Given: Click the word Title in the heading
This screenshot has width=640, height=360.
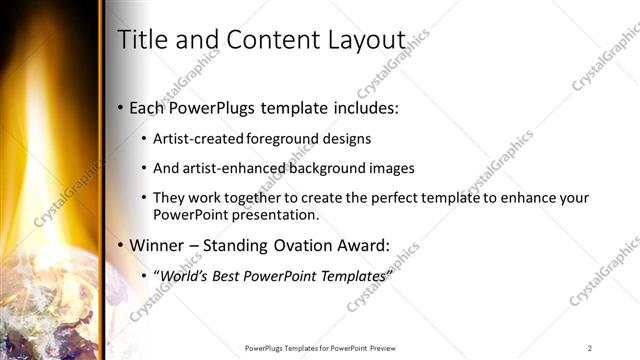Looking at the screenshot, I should (140, 40).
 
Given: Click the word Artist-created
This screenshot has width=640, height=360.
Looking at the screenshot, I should (195, 139).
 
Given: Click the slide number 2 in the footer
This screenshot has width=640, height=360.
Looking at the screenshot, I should (590, 347).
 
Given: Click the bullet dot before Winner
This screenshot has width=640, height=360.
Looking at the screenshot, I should (121, 244).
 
